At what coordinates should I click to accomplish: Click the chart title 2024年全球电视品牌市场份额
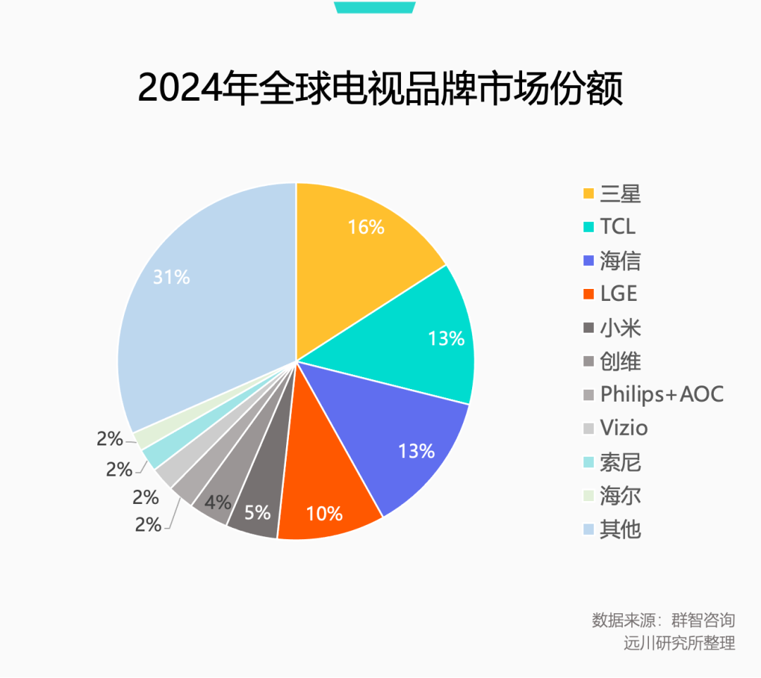coord(380,89)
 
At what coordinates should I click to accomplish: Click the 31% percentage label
coord(172,277)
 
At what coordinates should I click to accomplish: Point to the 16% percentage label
coord(366,227)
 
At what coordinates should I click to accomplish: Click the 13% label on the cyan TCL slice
coord(446,338)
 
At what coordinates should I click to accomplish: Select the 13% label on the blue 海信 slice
coord(416,450)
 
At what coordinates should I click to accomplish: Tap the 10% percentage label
coord(324,513)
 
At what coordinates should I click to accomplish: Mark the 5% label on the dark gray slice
coord(257,512)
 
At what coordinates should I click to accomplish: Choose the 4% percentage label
coord(218,502)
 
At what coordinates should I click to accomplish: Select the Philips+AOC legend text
coord(662,394)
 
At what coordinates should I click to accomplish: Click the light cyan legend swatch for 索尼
coord(588,462)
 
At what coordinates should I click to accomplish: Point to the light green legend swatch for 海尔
coord(588,496)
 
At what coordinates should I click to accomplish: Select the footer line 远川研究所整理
coord(679,643)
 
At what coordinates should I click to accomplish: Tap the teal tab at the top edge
coord(374,6)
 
